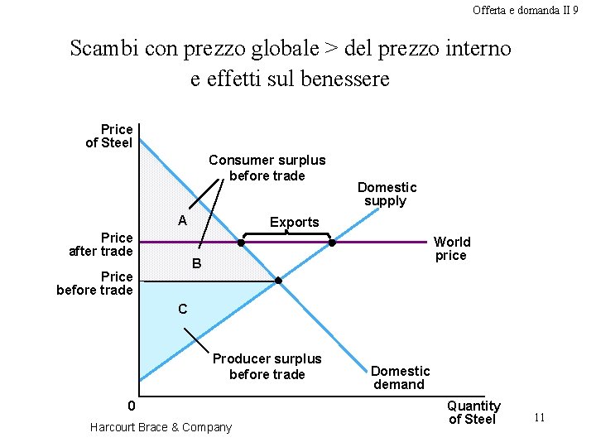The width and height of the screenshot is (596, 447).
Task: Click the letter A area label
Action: (x=182, y=221)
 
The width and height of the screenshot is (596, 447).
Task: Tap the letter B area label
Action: (x=196, y=264)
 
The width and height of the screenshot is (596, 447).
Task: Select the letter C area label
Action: (x=182, y=309)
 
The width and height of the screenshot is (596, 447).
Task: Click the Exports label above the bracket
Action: (x=294, y=222)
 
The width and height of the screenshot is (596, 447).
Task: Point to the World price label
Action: (x=452, y=248)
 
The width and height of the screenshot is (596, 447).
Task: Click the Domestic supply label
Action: (x=387, y=194)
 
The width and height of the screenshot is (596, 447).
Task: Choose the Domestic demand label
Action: (x=400, y=377)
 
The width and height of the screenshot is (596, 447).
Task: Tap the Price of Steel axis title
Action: (x=110, y=136)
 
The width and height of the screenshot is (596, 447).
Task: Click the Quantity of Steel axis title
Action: (x=473, y=412)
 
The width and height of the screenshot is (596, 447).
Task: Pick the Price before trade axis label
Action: (x=95, y=283)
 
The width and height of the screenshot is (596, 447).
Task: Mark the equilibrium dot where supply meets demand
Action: (x=278, y=281)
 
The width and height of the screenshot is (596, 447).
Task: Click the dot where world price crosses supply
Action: (x=332, y=243)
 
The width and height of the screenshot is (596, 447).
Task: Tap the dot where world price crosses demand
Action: (x=241, y=243)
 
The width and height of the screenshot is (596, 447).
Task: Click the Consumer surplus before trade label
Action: (x=267, y=168)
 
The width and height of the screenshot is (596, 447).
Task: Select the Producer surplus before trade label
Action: (x=267, y=367)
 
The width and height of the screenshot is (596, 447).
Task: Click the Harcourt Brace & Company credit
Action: (x=161, y=427)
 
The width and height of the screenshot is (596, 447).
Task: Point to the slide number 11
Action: (x=539, y=417)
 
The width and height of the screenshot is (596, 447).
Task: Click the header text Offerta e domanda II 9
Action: (x=525, y=10)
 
